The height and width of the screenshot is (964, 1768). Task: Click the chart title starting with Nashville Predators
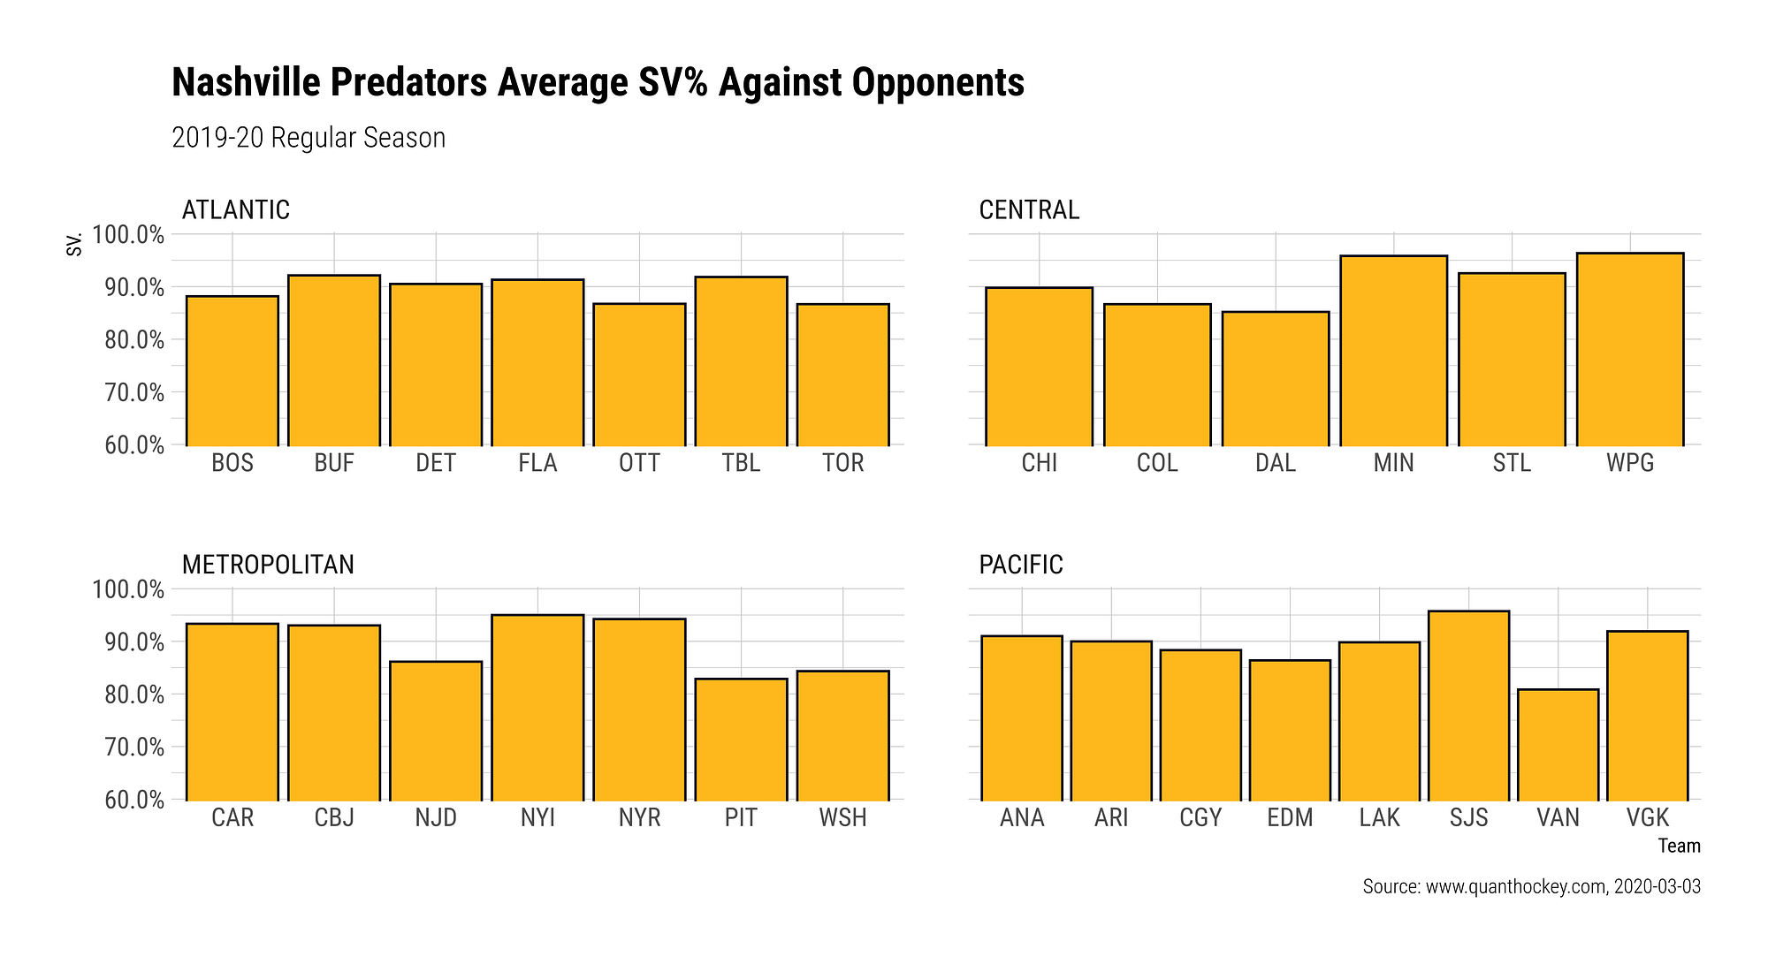[598, 82]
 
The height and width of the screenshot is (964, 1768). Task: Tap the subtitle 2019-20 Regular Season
[309, 138]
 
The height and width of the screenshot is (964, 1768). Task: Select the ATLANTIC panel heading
[236, 209]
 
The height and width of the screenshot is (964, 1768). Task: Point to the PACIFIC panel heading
[1021, 565]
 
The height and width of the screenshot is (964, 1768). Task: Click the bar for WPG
[1629, 350]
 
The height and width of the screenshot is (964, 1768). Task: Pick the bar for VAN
[1558, 744]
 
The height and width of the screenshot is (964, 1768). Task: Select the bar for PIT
[741, 739]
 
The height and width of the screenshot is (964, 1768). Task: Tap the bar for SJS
[1468, 705]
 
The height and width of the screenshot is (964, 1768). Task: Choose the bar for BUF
[334, 361]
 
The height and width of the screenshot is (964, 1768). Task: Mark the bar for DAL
[1275, 378]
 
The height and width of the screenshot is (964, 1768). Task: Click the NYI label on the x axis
[537, 817]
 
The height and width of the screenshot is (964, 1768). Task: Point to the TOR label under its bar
[842, 463]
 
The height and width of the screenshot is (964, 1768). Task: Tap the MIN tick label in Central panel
[1393, 463]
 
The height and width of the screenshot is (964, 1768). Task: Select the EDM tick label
[1290, 817]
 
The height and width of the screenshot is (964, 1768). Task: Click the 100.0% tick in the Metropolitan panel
[128, 589]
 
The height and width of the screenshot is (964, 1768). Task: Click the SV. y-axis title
[75, 244]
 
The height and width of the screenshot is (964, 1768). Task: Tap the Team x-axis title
[1679, 846]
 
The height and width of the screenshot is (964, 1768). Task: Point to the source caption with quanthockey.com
[1531, 886]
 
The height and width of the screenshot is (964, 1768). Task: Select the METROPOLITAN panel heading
[268, 565]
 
